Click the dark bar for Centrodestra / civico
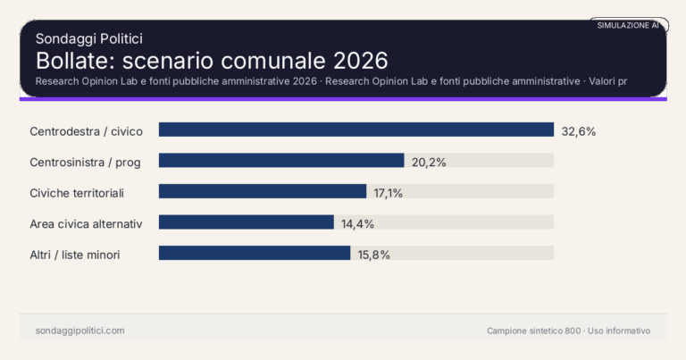pos(356,130)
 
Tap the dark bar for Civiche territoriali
pos(263,191)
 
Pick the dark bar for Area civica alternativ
pos(247,222)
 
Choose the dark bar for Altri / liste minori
pos(255,253)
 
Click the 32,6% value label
pos(578,131)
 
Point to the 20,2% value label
pos(429,162)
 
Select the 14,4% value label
pos(357,223)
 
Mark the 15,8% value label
pos(374,255)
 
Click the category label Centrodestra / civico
pos(86,131)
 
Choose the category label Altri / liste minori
pos(75,255)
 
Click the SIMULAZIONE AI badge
pos(628,26)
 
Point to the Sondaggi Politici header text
pos(88,38)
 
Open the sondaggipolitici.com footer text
pos(80,331)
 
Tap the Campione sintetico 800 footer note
pos(533,331)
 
